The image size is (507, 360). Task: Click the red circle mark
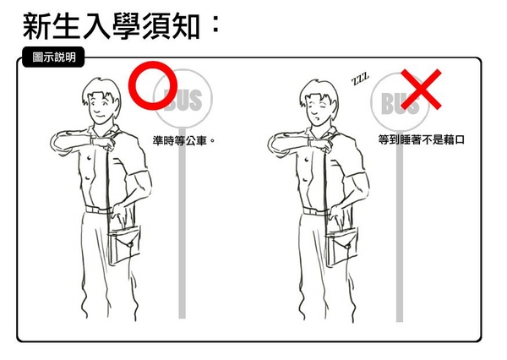tap(131, 85)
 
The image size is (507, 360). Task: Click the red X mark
tap(421, 89)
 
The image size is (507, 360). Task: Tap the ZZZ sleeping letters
tap(360, 79)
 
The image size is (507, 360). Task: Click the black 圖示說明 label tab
tap(54, 57)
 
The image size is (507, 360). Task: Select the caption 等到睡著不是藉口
tap(422, 139)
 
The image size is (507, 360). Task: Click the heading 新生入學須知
tap(111, 26)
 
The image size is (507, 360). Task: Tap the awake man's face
tap(101, 107)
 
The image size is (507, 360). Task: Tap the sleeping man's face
tap(318, 111)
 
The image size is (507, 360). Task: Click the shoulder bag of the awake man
tap(124, 244)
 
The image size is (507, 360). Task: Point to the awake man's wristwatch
tap(92, 142)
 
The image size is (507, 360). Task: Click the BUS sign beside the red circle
tap(183, 99)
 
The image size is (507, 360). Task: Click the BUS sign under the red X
tap(400, 102)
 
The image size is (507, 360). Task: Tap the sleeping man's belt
tap(316, 212)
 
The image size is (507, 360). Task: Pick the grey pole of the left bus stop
tap(183, 223)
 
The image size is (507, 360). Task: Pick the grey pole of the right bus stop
tap(400, 226)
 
